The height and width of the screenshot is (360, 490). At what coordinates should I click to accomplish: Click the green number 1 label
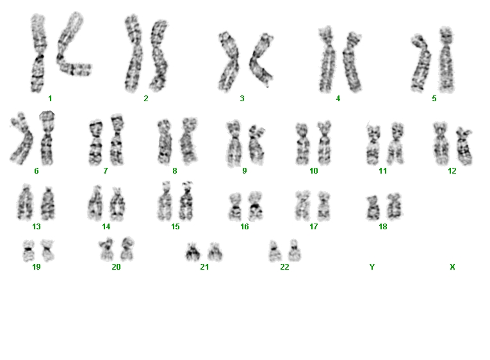point(50,99)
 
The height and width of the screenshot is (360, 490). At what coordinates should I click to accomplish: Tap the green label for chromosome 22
point(284,267)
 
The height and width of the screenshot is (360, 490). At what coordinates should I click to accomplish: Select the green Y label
point(372,267)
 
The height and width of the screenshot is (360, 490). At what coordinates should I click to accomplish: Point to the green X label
point(452,267)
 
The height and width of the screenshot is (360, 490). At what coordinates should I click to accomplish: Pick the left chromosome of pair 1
point(38,53)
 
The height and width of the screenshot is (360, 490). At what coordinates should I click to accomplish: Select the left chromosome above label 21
point(193,252)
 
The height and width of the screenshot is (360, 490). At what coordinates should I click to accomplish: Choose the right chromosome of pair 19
point(48,250)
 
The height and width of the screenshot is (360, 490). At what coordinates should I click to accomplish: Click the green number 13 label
point(37,227)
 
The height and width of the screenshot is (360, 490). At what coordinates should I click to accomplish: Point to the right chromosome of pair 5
point(446,60)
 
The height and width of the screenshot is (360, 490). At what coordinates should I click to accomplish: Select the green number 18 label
point(383,227)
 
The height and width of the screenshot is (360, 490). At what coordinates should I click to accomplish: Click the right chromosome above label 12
point(464,146)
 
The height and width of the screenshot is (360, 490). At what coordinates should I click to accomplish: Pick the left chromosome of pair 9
point(233,143)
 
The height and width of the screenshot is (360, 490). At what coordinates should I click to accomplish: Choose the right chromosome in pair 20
point(127,249)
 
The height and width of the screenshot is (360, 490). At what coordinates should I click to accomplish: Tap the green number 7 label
point(106,171)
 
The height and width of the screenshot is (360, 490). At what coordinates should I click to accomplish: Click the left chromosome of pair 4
point(327,60)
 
